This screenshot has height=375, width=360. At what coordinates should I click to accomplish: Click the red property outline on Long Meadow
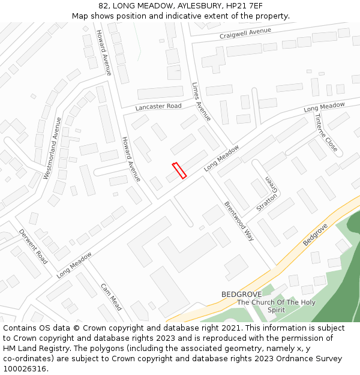[179, 170]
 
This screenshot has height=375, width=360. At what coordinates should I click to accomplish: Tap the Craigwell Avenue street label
[245, 34]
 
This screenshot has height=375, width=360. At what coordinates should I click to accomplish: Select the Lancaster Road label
[158, 106]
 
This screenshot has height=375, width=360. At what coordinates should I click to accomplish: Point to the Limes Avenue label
[202, 101]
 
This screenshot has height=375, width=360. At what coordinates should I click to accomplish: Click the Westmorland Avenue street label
[53, 148]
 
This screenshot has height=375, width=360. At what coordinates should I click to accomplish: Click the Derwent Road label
[34, 246]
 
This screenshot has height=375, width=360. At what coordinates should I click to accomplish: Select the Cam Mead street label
[111, 297]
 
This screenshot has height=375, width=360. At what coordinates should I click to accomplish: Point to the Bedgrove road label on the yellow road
[316, 233]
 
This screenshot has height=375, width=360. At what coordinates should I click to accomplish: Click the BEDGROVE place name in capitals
[242, 294]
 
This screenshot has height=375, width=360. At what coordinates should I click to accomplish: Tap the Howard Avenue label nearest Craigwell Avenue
[104, 53]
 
